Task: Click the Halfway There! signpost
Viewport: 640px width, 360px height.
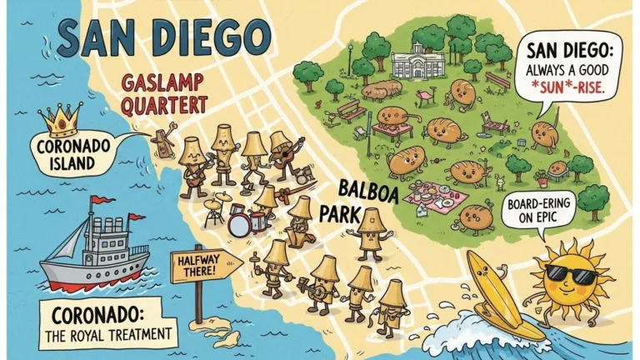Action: pos(203,266)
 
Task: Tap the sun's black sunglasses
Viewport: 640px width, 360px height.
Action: pos(575,274)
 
